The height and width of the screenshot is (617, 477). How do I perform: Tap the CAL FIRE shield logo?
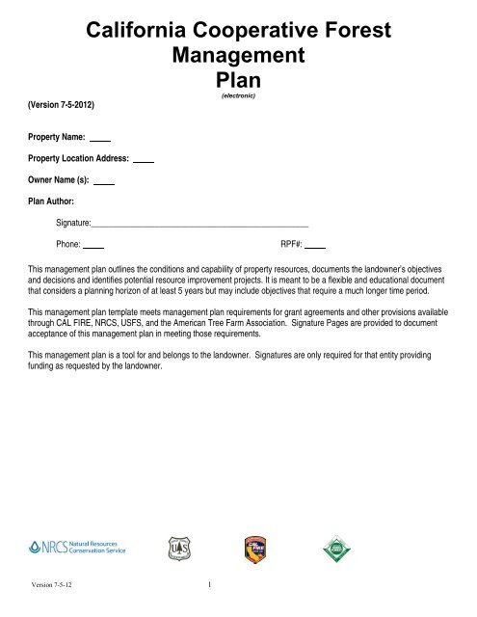(251, 549)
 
